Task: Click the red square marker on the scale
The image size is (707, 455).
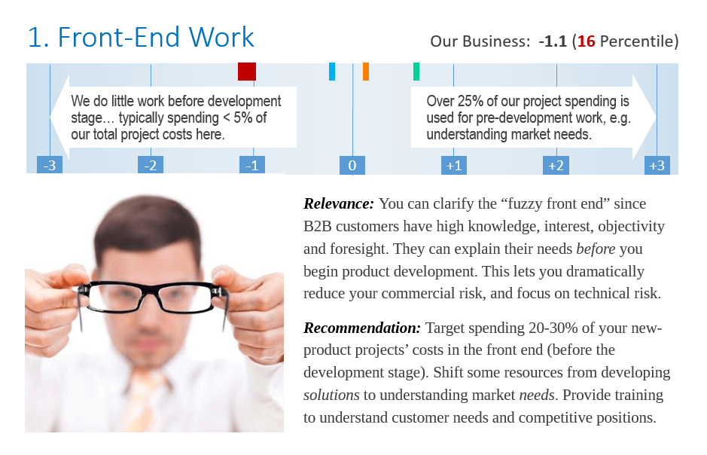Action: [x=247, y=72]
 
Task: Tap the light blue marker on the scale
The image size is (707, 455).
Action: [x=332, y=72]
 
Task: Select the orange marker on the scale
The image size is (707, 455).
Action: [x=366, y=72]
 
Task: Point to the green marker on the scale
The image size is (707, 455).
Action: [x=416, y=72]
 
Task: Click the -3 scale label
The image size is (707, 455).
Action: [x=50, y=165]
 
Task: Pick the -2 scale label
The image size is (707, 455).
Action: [x=151, y=165]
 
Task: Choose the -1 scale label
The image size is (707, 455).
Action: [x=252, y=165]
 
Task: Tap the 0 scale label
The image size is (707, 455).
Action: [x=352, y=165]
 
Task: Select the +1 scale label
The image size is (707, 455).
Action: [x=453, y=165]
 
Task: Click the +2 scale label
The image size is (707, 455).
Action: [x=556, y=165]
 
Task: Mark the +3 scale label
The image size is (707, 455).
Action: [x=657, y=165]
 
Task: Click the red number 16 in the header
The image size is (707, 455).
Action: [x=587, y=41]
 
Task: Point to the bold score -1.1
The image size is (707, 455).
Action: [x=553, y=41]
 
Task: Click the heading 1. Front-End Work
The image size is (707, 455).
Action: [x=141, y=37]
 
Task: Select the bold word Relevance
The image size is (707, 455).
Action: [x=339, y=203]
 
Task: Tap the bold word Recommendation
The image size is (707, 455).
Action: [x=362, y=328]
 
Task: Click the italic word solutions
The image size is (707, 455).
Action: [x=331, y=395]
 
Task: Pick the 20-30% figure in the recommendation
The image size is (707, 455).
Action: [x=553, y=328]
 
